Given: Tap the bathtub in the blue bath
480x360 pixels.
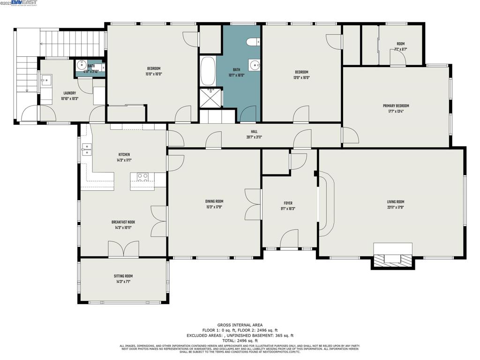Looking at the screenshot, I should [208, 71].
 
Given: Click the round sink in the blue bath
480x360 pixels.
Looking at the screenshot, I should [255, 65].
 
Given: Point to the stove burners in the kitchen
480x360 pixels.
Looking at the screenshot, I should [142, 177].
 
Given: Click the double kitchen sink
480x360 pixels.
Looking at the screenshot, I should [86, 150].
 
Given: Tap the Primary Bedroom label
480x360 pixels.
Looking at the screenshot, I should [396, 106].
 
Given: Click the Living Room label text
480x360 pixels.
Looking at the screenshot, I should [395, 202].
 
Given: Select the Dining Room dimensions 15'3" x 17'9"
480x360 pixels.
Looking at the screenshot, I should [214, 207].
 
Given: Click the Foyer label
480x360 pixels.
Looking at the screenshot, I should [288, 203].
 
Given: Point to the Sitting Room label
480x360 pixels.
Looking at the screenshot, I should [123, 276].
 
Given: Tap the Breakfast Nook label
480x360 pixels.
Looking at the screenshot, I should [123, 222].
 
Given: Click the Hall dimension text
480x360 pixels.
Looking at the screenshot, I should [254, 137].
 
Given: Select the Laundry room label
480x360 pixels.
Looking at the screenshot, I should [69, 93].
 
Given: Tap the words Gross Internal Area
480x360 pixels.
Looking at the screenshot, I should [240, 325].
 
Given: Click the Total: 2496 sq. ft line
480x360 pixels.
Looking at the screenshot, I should [240, 340].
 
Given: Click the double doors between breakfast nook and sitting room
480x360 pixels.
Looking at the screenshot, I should [123, 249].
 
